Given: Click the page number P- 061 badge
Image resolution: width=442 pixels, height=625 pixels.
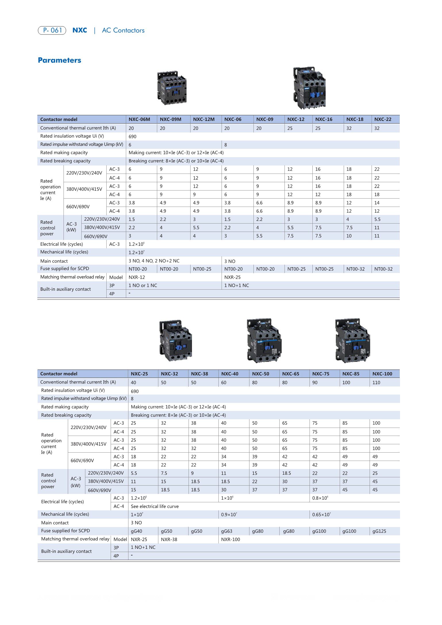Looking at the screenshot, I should [52, 30].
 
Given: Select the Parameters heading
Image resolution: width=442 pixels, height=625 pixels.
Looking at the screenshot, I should [59, 60].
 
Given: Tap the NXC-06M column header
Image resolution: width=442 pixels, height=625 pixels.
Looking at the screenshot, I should [139, 119].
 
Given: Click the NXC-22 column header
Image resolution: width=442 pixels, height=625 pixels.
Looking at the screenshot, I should [383, 119].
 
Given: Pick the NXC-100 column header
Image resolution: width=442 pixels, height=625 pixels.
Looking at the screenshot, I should [382, 374].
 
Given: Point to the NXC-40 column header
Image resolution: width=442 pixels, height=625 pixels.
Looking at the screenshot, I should [230, 374].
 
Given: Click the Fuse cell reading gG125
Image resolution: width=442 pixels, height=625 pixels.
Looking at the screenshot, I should [379, 531].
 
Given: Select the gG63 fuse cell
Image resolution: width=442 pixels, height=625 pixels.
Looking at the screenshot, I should [226, 531].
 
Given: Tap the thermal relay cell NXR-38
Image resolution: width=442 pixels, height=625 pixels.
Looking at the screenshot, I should [169, 539].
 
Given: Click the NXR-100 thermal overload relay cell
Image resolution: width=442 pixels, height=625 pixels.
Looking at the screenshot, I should [230, 539].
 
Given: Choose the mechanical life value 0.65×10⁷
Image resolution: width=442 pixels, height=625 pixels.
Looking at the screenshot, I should [321, 515].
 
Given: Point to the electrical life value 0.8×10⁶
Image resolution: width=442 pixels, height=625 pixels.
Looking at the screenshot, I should [320, 498].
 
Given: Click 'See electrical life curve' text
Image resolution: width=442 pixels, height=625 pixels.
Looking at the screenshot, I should [155, 506].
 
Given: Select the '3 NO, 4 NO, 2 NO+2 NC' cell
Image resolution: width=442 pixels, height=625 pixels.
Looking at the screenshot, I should [154, 261].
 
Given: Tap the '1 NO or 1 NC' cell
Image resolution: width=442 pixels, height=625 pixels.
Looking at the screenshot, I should [143, 285].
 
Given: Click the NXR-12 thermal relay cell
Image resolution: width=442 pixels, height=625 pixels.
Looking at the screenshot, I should [137, 277].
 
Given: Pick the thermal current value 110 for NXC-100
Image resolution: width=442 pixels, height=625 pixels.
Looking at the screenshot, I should [376, 382].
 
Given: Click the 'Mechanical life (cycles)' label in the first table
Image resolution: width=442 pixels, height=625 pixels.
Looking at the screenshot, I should [64, 252].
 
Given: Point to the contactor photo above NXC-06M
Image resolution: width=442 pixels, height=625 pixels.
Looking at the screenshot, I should [172, 88].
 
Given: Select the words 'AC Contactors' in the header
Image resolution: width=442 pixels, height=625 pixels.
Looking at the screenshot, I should [123, 30].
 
